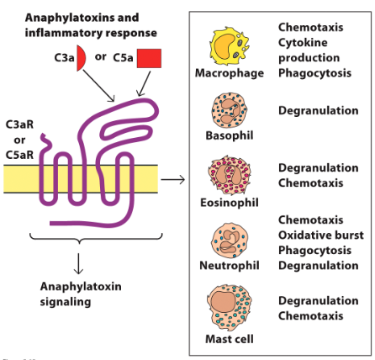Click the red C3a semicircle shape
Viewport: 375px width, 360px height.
pyautogui.click(x=81, y=60)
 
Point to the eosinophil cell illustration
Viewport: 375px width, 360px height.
pyautogui.click(x=230, y=175)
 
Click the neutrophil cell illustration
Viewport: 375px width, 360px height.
pyautogui.click(x=230, y=238)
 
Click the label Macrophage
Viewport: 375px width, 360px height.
pyautogui.click(x=230, y=73)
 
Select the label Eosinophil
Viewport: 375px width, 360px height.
pyautogui.click(x=230, y=203)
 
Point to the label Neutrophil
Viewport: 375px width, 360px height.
pyautogui.click(x=230, y=265)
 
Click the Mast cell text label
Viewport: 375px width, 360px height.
pyautogui.click(x=230, y=339)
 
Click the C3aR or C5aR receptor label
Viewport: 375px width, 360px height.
pyautogui.click(x=20, y=139)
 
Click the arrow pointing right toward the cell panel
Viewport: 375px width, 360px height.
pyautogui.click(x=172, y=179)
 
